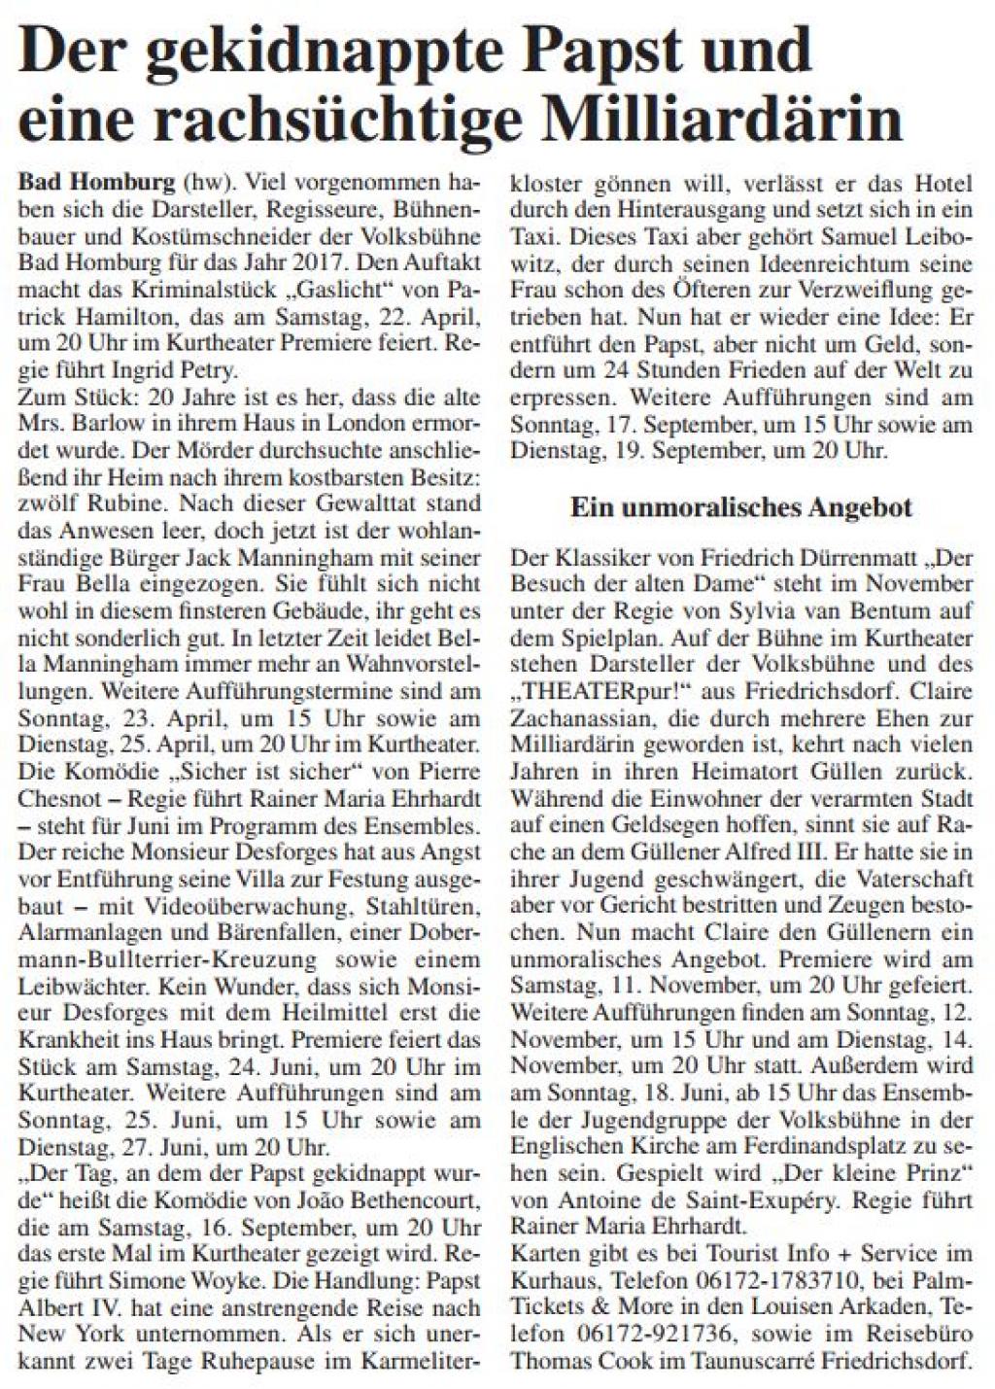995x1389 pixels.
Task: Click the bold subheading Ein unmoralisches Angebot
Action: click(740, 506)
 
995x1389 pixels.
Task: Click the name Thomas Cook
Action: click(569, 1360)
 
